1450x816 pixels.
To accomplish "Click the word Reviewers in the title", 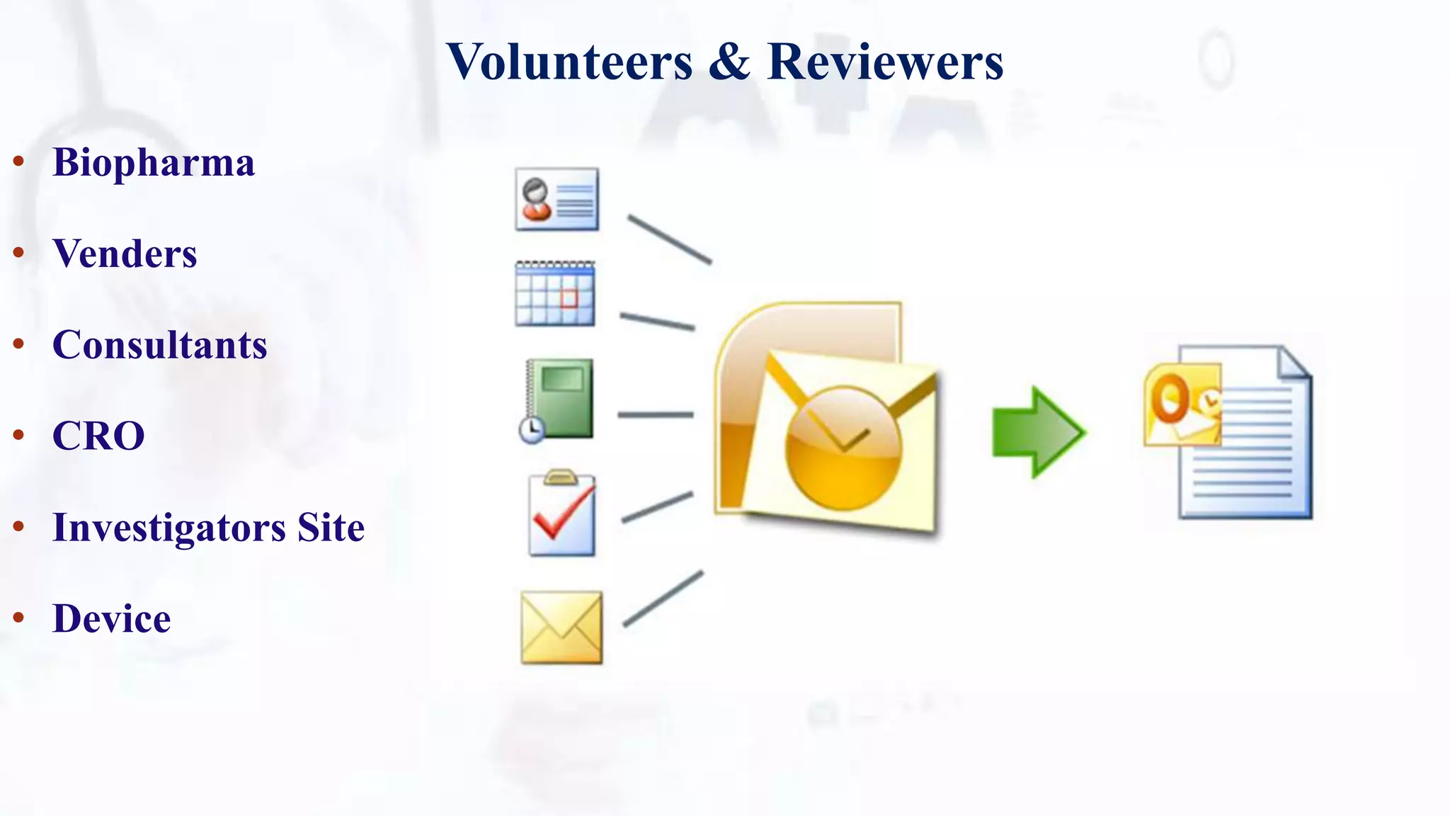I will tap(885, 62).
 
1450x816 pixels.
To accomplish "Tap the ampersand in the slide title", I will tap(729, 62).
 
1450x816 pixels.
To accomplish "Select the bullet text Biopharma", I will tap(154, 163).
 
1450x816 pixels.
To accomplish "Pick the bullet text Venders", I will tap(125, 254).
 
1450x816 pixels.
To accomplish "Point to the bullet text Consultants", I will tap(160, 345).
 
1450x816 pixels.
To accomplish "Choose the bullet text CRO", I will tap(98, 436).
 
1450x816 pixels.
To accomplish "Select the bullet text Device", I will tap(112, 618).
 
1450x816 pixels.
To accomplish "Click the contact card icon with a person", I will tap(557, 199).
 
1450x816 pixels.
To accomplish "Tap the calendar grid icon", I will tap(555, 294).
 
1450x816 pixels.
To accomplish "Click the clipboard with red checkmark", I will tap(562, 514).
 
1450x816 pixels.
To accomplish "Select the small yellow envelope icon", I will tap(561, 628).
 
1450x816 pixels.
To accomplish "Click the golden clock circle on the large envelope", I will tap(843, 448).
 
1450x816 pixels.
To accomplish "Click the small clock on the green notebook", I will tap(531, 429).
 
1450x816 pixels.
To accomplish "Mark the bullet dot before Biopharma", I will tap(19, 161).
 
